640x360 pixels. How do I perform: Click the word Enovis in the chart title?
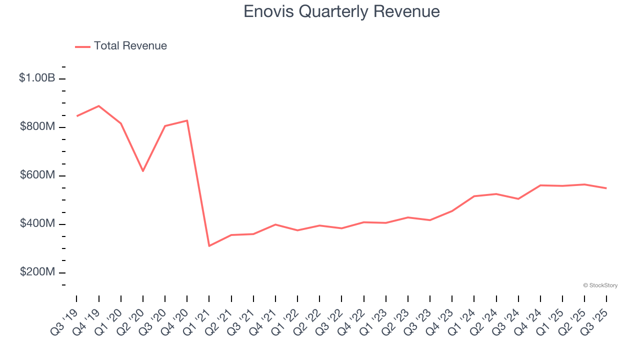268,11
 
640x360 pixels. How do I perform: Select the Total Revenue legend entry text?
130,46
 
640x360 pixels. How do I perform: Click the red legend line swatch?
82,46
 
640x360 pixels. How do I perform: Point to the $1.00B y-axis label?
37,78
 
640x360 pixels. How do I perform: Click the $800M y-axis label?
37,127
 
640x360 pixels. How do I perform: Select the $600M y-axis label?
37,175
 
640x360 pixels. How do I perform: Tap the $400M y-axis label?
37,224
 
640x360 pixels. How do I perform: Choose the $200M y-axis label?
37,272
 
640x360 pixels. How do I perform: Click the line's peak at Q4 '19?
99,106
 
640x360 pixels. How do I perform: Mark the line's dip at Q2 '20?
143,171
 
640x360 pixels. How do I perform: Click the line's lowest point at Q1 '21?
209,246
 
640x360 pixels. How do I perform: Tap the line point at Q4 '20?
187,120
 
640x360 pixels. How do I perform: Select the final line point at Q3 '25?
606,188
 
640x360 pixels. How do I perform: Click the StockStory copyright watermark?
600,285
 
